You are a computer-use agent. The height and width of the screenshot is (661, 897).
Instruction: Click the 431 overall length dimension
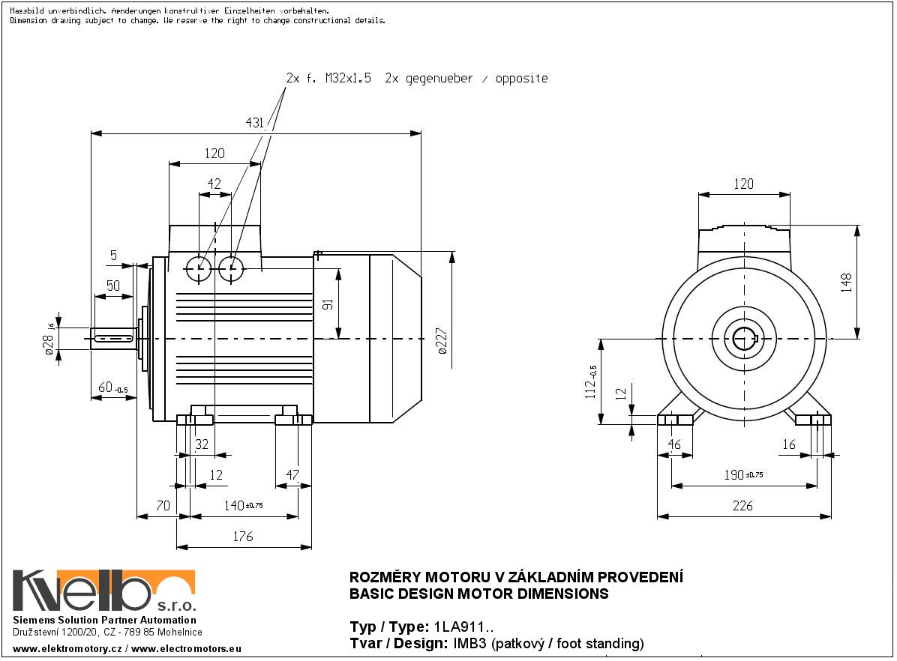point(253,123)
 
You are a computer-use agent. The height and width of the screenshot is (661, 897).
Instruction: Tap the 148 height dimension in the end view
point(846,281)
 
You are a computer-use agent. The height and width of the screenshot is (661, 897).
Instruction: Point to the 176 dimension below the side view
point(243,537)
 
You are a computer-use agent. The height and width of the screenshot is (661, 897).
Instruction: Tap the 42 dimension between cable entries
point(214,184)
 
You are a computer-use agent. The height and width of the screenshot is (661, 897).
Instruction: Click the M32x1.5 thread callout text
point(348,78)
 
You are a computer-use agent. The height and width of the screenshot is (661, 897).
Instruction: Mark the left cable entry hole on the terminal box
point(199,268)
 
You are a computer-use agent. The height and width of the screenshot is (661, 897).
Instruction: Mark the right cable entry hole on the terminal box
point(232,268)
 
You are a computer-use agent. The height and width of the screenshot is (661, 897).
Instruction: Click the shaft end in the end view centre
point(744,339)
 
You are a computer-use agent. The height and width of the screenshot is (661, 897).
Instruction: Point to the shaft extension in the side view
point(114,339)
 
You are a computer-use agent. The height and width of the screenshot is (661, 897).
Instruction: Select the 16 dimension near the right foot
point(788,444)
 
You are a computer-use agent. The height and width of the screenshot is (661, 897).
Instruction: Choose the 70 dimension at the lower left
point(163,506)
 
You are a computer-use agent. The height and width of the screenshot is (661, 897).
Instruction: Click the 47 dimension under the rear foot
point(293,475)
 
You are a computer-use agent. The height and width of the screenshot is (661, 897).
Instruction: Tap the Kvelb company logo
point(104,591)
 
